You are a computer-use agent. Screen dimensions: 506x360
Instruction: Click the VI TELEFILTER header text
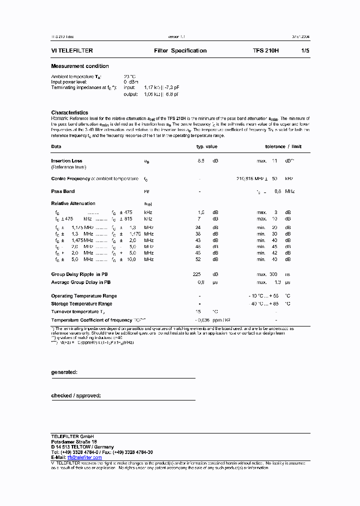pyautogui.click(x=72, y=50)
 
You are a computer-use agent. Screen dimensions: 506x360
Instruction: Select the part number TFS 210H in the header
pyautogui.click(x=266, y=50)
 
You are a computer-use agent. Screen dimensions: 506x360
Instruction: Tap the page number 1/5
pyautogui.click(x=305, y=50)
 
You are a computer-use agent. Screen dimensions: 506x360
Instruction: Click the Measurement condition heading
pyautogui.click(x=80, y=66)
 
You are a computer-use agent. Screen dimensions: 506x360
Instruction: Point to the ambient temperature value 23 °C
pyautogui.click(x=129, y=76)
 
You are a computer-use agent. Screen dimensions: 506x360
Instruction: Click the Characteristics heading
pyautogui.click(x=69, y=112)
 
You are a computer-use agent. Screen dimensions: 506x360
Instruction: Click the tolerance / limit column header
pyautogui.click(x=283, y=146)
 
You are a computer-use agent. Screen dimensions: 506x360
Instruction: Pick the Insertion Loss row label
pyautogui.click(x=66, y=161)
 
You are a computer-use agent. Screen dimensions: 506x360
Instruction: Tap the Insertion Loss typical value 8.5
pyautogui.click(x=201, y=161)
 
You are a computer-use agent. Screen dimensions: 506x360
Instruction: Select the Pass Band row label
pyautogui.click(x=63, y=191)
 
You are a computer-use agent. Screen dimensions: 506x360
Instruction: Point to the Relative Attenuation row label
pyautogui.click(x=73, y=203)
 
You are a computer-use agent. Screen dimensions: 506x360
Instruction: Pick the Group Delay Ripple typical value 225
pyautogui.click(x=197, y=274)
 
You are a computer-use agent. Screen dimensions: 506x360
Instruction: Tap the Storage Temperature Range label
pyautogui.click(x=81, y=303)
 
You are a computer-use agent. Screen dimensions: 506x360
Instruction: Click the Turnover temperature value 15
pyautogui.click(x=198, y=311)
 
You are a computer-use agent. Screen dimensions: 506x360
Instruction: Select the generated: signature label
pyautogui.click(x=64, y=372)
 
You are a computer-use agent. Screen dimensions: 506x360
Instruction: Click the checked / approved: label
pyautogui.click(x=76, y=395)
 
